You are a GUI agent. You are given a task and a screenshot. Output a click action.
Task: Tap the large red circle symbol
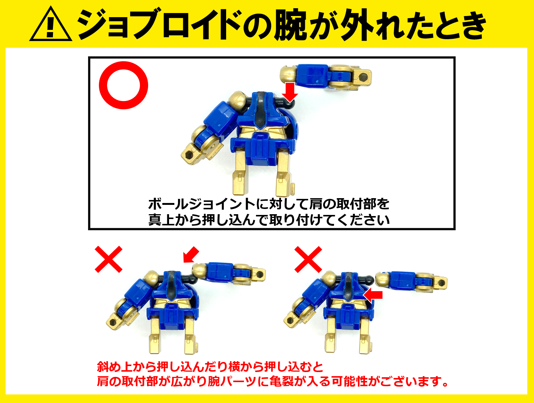124,85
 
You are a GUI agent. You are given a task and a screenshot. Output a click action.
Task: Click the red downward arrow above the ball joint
290,92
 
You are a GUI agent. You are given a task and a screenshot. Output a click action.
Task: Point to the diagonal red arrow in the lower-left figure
191,254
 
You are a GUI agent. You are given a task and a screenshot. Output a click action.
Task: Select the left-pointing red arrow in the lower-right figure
373,295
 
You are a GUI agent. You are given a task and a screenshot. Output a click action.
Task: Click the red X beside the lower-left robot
109,259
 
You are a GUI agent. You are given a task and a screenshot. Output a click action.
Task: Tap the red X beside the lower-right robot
308,259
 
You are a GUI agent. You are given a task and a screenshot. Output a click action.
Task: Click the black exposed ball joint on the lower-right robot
369,280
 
